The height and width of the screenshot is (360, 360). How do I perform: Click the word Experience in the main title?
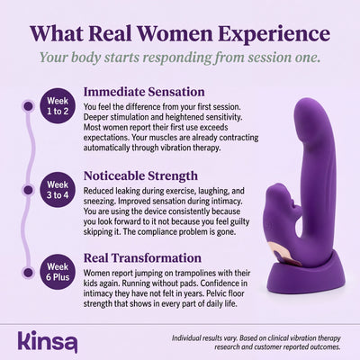click(274, 33)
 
